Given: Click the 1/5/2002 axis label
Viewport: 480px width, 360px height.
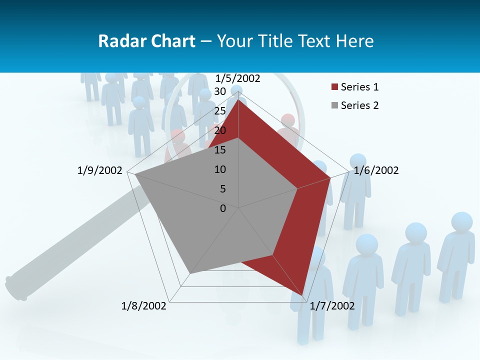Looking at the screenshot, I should [238, 78].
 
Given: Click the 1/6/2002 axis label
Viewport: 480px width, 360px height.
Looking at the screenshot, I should [376, 171].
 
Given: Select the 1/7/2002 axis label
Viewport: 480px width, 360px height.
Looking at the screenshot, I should [332, 306].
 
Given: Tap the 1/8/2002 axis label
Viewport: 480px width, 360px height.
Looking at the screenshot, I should [144, 306].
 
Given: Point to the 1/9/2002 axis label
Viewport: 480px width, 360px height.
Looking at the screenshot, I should [100, 171].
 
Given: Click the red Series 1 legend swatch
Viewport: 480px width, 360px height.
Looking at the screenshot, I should [334, 87].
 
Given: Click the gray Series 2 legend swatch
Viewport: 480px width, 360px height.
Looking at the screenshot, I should [334, 105].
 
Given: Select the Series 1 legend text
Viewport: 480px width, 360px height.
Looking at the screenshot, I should [359, 87].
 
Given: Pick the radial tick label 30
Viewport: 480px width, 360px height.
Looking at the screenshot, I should [220, 91].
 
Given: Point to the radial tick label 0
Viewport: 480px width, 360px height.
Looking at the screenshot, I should [223, 208].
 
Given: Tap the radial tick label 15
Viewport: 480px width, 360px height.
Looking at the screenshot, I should [220, 150].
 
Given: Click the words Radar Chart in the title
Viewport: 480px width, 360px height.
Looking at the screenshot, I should [146, 41].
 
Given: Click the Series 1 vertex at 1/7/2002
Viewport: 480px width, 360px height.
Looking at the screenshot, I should [302, 295].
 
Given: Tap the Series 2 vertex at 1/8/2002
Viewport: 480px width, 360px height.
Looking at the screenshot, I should [189, 274].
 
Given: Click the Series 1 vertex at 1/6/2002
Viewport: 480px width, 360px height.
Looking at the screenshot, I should [330, 178].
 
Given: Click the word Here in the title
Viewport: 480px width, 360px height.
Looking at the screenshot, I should [354, 41].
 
